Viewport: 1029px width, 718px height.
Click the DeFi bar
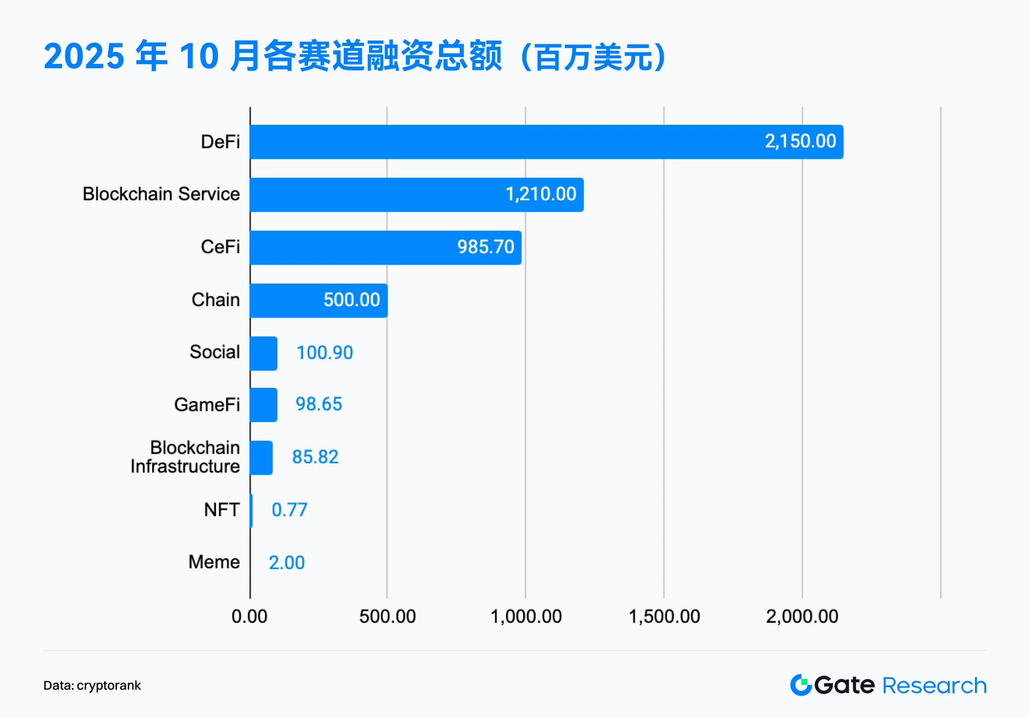click(546, 142)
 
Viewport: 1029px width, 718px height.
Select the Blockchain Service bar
click(416, 195)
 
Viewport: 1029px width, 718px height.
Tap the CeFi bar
click(385, 247)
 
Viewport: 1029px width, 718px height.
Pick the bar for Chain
click(319, 301)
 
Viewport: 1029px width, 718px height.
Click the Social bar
click(264, 353)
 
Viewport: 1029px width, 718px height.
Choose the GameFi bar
click(264, 405)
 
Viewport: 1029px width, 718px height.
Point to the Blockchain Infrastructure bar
click(261, 458)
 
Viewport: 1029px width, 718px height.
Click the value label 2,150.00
click(800, 141)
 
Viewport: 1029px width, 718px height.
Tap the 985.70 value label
click(485, 247)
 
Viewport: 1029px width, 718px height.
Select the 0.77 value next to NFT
click(289, 510)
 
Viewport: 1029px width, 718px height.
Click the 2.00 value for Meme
click(287, 563)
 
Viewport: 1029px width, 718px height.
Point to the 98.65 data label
click(319, 404)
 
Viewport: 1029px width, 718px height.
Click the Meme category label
click(214, 562)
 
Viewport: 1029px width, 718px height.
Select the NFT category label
click(222, 510)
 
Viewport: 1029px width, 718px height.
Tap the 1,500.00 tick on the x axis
click(664, 617)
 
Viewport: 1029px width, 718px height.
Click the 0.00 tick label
click(250, 617)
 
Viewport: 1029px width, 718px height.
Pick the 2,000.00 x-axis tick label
click(802, 617)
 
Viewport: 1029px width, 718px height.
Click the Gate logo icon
click(801, 685)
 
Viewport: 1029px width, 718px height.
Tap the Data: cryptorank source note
click(92, 685)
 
